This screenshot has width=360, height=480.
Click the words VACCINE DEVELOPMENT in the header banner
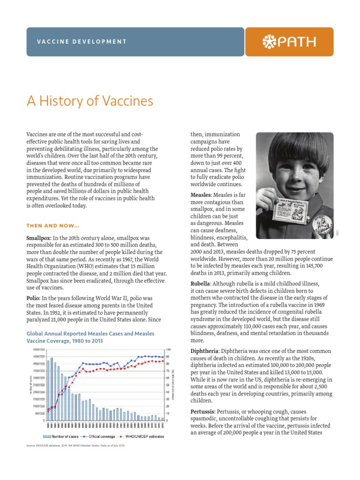pos(82,42)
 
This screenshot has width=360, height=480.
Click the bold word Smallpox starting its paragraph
pos(38,238)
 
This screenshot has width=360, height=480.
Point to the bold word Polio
pos(34,299)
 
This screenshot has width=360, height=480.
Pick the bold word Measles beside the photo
pos(201,195)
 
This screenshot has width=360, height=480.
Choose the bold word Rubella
pos(200,284)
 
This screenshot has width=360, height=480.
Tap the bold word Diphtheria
pos(204,351)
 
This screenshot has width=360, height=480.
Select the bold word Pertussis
pos(203,412)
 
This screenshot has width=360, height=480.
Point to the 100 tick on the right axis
pos(168,350)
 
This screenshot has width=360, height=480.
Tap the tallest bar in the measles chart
pos(52,390)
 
